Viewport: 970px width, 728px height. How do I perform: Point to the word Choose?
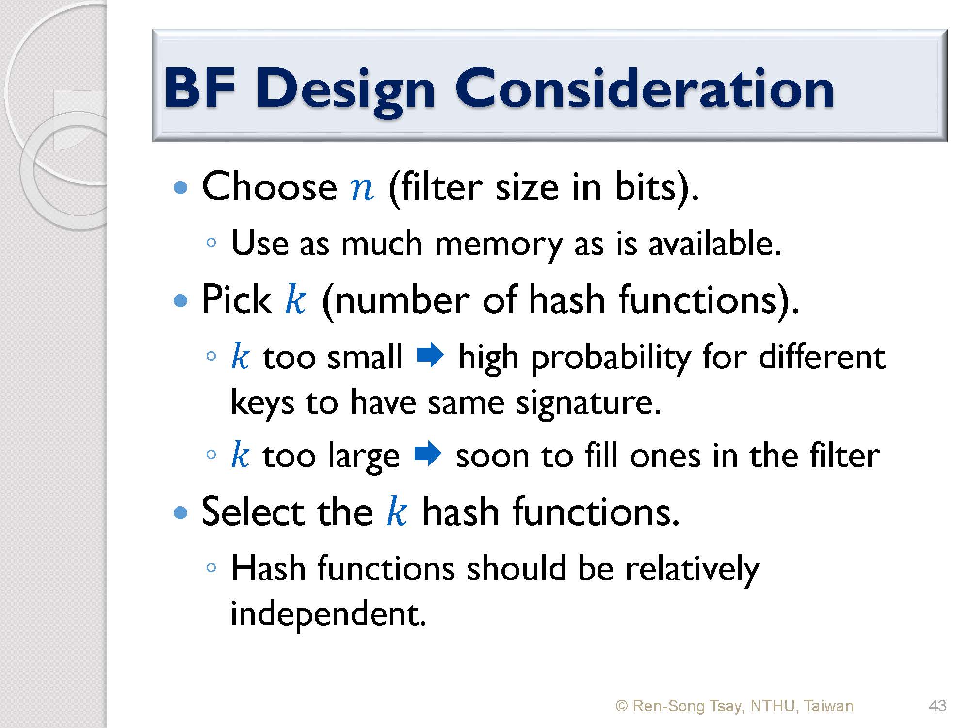pos(269,186)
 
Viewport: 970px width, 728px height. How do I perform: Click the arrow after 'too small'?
pos(430,356)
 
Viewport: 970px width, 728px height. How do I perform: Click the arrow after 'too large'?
pos(428,455)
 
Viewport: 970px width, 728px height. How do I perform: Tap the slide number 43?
pos(938,706)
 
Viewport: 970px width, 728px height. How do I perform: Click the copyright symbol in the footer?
pos(622,706)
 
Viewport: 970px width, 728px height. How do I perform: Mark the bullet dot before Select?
pos(180,513)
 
